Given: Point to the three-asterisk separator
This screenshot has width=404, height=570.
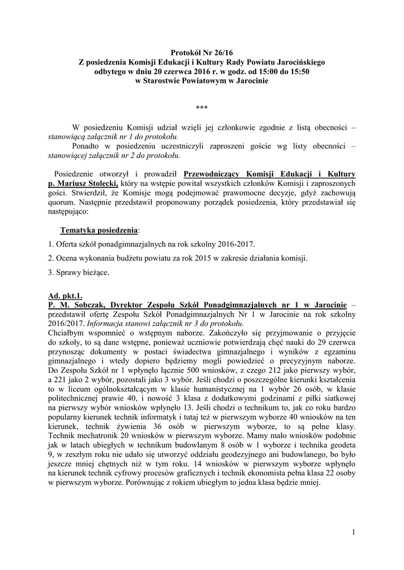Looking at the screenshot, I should coord(202,107).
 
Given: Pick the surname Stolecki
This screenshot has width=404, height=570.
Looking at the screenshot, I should coord(98,183).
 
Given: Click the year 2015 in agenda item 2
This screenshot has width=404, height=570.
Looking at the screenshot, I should coord(179,259).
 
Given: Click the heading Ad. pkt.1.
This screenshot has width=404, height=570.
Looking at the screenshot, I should coord(65,296).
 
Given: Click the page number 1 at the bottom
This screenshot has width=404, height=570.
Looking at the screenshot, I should coord(353,534).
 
